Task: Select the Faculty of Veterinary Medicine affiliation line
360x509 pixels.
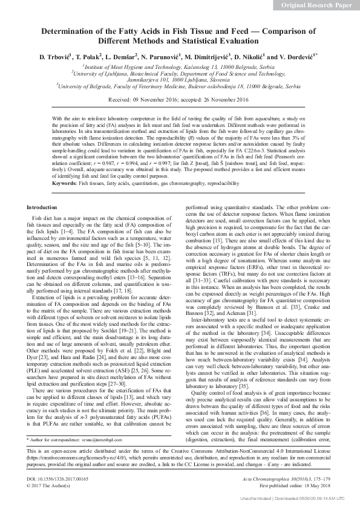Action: [x=180, y=86]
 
